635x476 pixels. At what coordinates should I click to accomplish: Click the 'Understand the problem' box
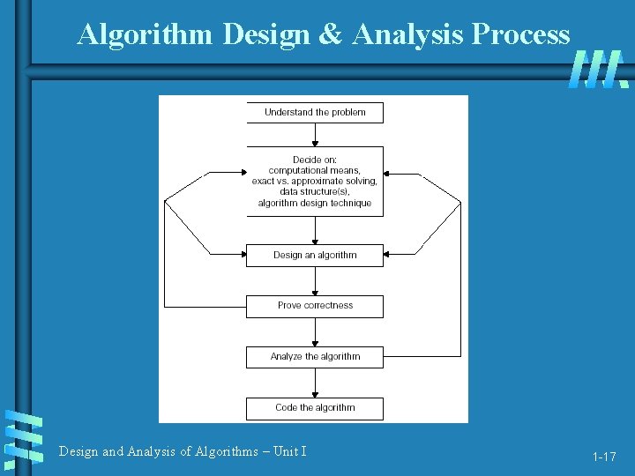(x=315, y=112)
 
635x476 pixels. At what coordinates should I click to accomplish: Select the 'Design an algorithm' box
(x=315, y=255)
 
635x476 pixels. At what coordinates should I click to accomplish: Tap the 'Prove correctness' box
(x=315, y=306)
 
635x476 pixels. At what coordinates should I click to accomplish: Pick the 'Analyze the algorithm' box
(x=315, y=357)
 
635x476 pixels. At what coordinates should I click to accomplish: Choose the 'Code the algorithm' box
(x=315, y=408)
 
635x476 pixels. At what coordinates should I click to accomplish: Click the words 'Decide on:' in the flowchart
(x=315, y=160)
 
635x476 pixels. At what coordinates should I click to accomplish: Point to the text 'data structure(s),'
(x=315, y=191)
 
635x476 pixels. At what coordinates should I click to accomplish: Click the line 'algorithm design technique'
(x=315, y=203)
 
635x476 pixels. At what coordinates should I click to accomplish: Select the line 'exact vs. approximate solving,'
(x=315, y=181)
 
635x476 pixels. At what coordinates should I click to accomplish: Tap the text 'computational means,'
(x=315, y=170)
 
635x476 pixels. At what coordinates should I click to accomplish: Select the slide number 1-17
(x=604, y=457)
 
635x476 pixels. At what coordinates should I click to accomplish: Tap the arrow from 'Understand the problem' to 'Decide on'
(x=315, y=134)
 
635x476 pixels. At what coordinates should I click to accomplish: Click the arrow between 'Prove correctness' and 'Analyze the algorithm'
(x=315, y=331)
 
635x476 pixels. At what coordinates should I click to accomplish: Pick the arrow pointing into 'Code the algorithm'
(x=315, y=383)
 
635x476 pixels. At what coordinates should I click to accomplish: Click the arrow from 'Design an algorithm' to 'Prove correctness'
(x=315, y=280)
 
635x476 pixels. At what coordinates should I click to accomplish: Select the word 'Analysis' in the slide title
(x=408, y=33)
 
